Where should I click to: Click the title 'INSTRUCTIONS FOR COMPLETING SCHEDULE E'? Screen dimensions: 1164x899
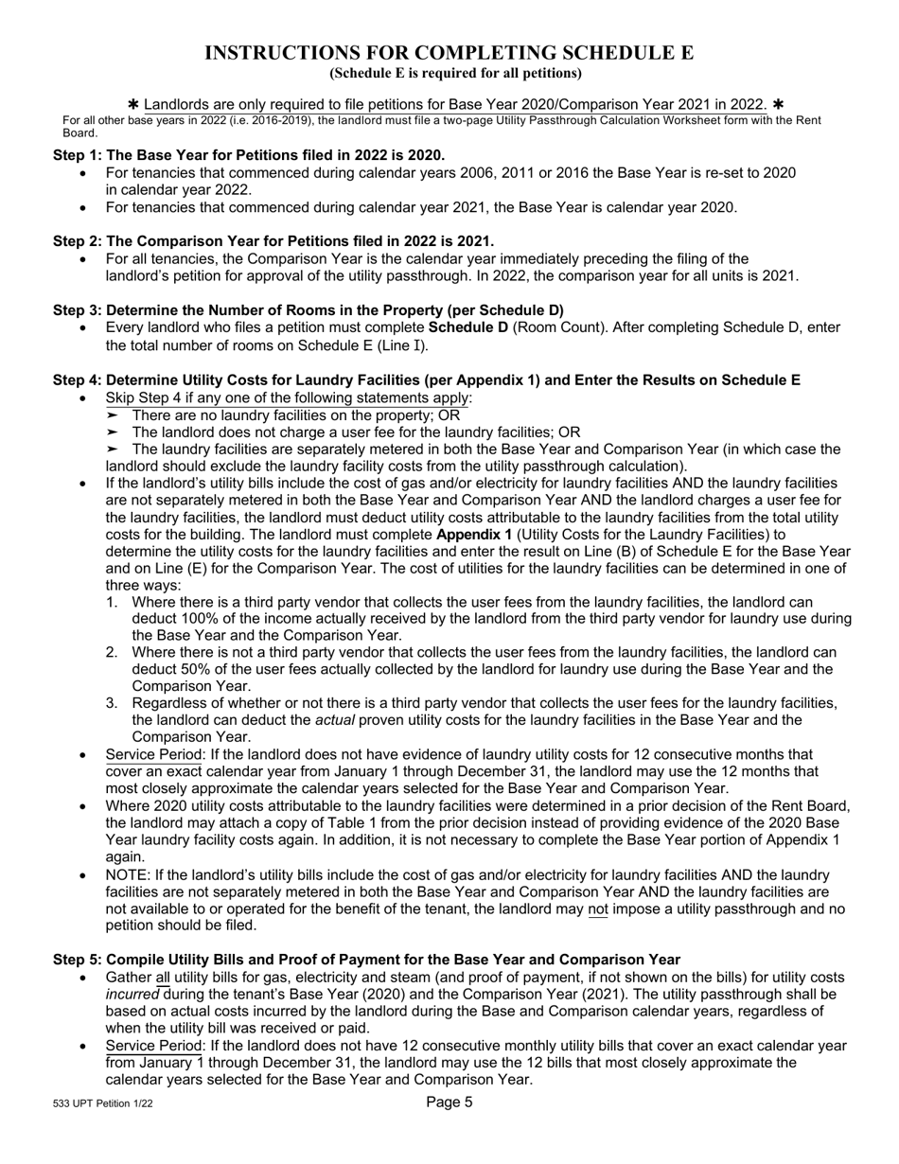449,53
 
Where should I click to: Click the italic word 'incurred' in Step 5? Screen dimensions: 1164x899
133,995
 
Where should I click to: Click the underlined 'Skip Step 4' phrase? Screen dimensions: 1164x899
147,397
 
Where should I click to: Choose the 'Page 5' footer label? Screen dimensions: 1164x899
449,1102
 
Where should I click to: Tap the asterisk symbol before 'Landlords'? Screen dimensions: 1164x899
133,103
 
